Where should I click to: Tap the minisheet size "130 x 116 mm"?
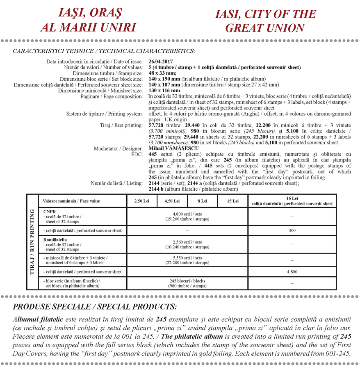click(164, 90)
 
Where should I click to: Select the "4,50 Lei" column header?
click(172, 201)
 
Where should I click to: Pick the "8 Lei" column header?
click(202, 201)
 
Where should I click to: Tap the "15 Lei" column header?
click(232, 201)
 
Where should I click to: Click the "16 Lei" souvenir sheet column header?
click(292, 201)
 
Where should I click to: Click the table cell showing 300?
click(292, 231)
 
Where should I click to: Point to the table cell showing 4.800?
click(292, 272)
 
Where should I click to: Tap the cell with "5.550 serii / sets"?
click(187, 260)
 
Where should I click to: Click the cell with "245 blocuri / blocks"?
click(187, 283)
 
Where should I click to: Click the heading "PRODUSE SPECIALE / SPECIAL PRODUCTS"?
click(95, 307)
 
